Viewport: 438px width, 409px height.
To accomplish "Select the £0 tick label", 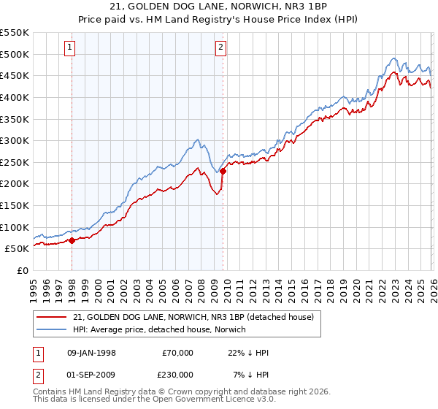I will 23,270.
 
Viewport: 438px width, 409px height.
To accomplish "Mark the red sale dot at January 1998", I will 72,240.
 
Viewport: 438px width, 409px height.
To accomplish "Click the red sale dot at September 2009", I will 223,171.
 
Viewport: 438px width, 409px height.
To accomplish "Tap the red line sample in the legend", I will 53,317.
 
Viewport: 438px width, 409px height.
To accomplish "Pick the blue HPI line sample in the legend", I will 53,329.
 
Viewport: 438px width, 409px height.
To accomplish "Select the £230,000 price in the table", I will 177,375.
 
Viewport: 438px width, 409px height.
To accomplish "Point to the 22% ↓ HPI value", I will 248,353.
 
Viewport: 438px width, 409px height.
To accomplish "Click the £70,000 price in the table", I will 178,353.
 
